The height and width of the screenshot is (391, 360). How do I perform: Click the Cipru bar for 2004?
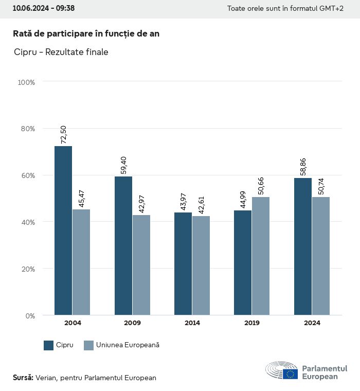pos(63,230)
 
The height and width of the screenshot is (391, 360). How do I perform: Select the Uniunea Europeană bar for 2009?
pos(141,265)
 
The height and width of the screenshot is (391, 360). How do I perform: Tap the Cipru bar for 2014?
pos(183,263)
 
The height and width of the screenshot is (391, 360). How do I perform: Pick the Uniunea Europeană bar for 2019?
pos(261,256)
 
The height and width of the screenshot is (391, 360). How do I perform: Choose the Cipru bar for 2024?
pos(303,246)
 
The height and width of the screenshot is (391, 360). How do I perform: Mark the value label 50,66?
pos(261,185)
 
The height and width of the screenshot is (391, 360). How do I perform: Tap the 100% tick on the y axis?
pos(26,82)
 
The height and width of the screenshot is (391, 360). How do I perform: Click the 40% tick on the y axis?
pos(27,222)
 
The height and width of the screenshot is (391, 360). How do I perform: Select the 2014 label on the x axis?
pos(192,323)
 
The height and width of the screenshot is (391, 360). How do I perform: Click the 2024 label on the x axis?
pos(312,323)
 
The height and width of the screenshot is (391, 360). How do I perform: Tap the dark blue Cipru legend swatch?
pos(49,345)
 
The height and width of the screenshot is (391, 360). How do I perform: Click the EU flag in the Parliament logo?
pos(290,374)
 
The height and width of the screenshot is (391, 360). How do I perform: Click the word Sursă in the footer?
pos(23,378)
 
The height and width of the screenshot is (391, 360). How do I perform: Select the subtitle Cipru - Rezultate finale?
pos(61,52)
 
